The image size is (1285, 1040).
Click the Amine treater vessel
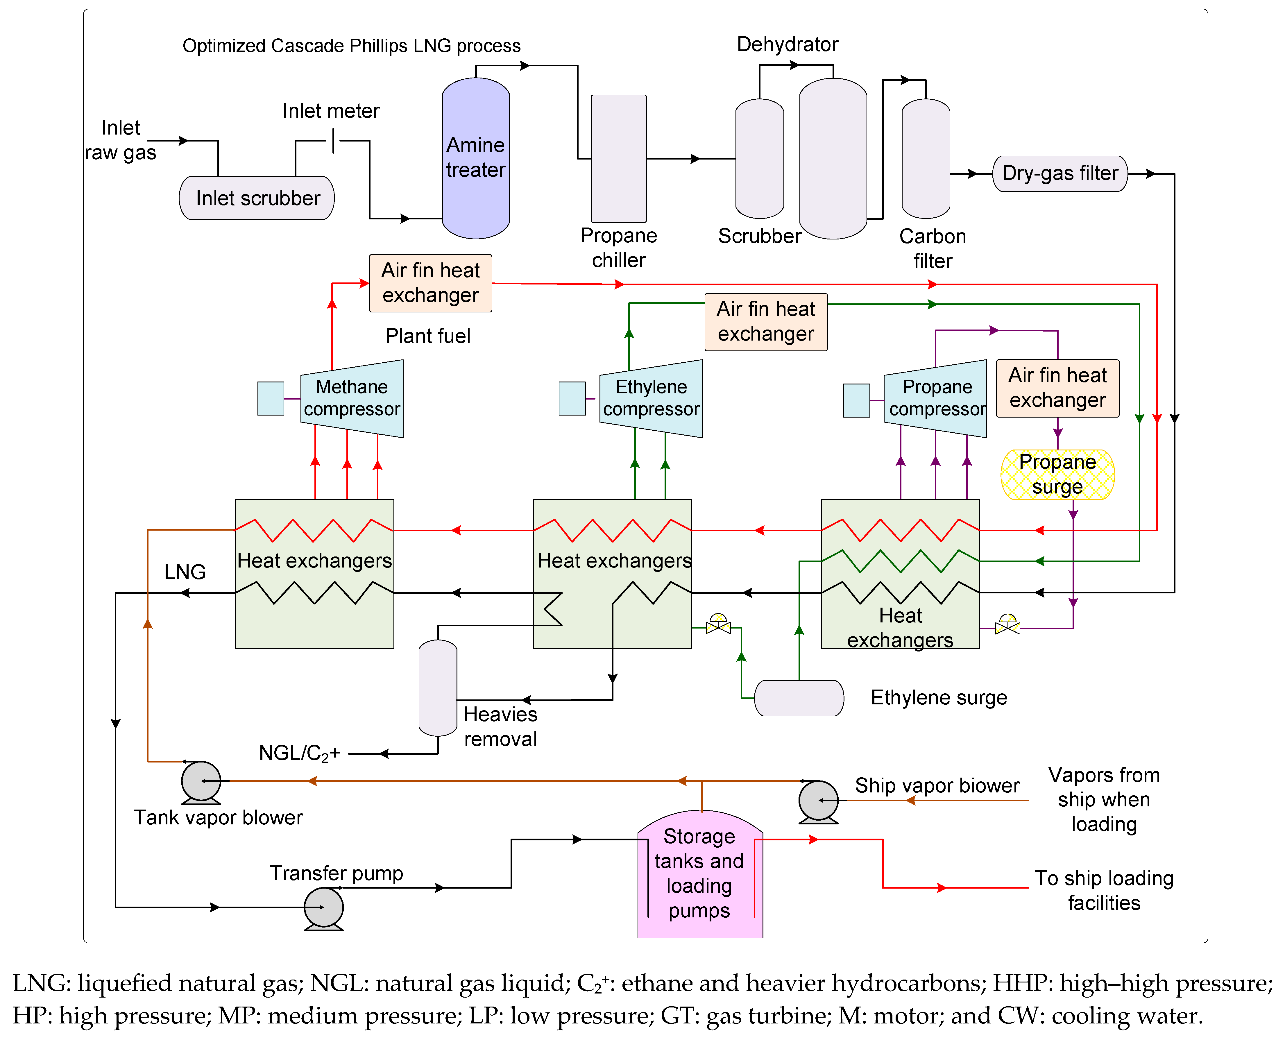coord(476,158)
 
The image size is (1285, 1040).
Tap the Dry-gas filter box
coord(1060,174)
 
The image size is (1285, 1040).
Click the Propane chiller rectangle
coord(619,159)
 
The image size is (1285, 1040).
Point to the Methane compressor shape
coord(352,398)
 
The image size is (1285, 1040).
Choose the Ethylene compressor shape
coord(651,398)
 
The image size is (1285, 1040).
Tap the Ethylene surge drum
coord(799,698)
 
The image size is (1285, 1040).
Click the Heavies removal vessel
coord(438,688)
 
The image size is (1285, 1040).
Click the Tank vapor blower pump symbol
coord(201,782)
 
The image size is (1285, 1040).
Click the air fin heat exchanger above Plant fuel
coord(431,283)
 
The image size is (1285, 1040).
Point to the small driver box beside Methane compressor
coord(271,398)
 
